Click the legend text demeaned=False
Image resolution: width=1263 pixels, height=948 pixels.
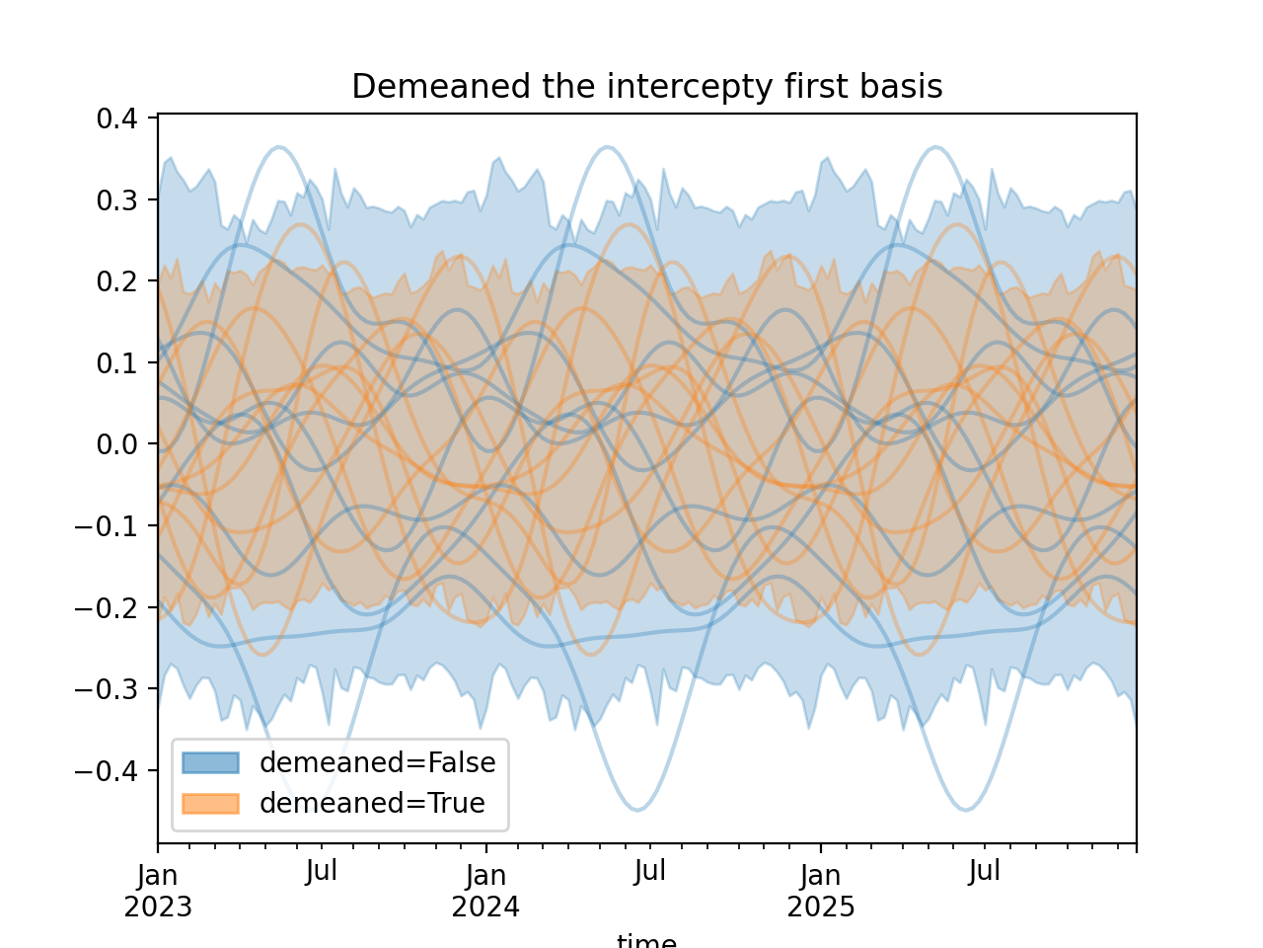tap(377, 762)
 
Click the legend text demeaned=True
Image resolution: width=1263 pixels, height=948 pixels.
tap(372, 804)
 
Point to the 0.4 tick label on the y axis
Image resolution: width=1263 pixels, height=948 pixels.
tap(115, 118)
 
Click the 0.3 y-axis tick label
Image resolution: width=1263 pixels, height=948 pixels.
tap(115, 200)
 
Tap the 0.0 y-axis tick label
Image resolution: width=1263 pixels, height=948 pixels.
tap(115, 444)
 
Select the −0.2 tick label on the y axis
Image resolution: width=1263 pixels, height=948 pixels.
tap(108, 607)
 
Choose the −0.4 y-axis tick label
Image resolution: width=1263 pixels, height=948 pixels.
tap(108, 770)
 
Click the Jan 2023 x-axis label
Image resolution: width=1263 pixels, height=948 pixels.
tap(158, 890)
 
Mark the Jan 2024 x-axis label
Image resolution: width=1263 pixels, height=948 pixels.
tap(485, 890)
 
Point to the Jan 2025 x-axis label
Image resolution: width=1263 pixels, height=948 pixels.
tap(821, 890)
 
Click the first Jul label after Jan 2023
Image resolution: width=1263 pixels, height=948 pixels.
tap(322, 872)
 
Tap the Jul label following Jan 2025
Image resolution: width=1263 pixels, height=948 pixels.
tap(985, 872)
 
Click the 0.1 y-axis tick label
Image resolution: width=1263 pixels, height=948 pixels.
tap(115, 363)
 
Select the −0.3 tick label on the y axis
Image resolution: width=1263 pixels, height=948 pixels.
tap(108, 689)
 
